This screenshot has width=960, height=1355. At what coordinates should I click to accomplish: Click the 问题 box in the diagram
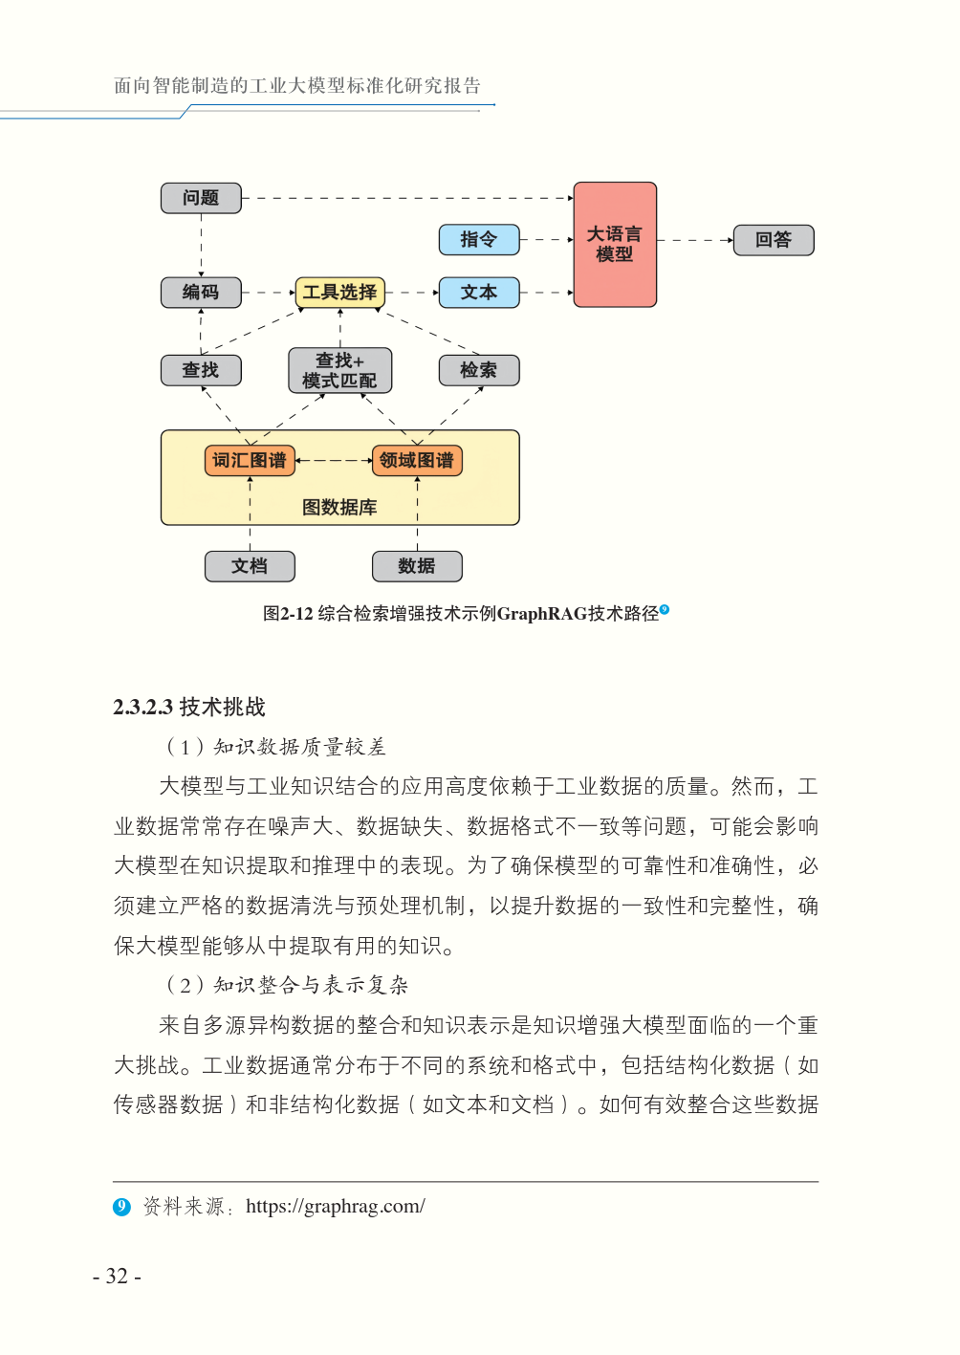tap(201, 198)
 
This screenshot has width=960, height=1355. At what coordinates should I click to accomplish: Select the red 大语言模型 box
tap(615, 245)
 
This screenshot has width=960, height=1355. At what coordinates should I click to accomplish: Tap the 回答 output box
tap(774, 240)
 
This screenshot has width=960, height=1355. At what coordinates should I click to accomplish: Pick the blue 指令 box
tap(479, 240)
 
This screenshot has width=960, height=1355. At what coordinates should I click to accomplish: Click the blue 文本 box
tap(479, 293)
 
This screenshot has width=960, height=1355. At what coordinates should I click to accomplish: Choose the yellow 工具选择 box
tap(340, 293)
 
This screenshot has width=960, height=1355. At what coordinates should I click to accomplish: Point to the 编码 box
tap(201, 293)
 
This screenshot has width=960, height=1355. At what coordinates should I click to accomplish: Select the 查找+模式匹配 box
tap(340, 371)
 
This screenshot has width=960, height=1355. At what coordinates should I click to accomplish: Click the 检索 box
tap(479, 370)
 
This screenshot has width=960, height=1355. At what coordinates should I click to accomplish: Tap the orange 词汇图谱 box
tap(250, 461)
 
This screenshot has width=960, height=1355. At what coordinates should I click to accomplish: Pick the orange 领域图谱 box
tap(417, 461)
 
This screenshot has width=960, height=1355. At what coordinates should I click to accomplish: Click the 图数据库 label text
tap(339, 508)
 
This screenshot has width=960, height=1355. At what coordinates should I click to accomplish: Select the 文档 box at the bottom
tap(250, 566)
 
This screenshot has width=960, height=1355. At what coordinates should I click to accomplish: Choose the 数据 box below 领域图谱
tap(417, 566)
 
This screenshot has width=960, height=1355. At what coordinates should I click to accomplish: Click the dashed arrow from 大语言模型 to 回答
tap(695, 240)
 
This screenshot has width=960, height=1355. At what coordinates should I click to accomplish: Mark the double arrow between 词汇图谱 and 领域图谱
tap(334, 461)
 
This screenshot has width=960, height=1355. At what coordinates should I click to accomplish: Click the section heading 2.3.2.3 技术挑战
tap(189, 708)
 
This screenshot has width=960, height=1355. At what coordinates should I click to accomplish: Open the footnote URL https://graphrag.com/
tap(336, 1207)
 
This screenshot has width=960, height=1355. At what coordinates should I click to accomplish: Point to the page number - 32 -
tap(118, 1277)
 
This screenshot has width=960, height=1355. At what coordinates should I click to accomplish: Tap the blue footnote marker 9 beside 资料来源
tap(121, 1207)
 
